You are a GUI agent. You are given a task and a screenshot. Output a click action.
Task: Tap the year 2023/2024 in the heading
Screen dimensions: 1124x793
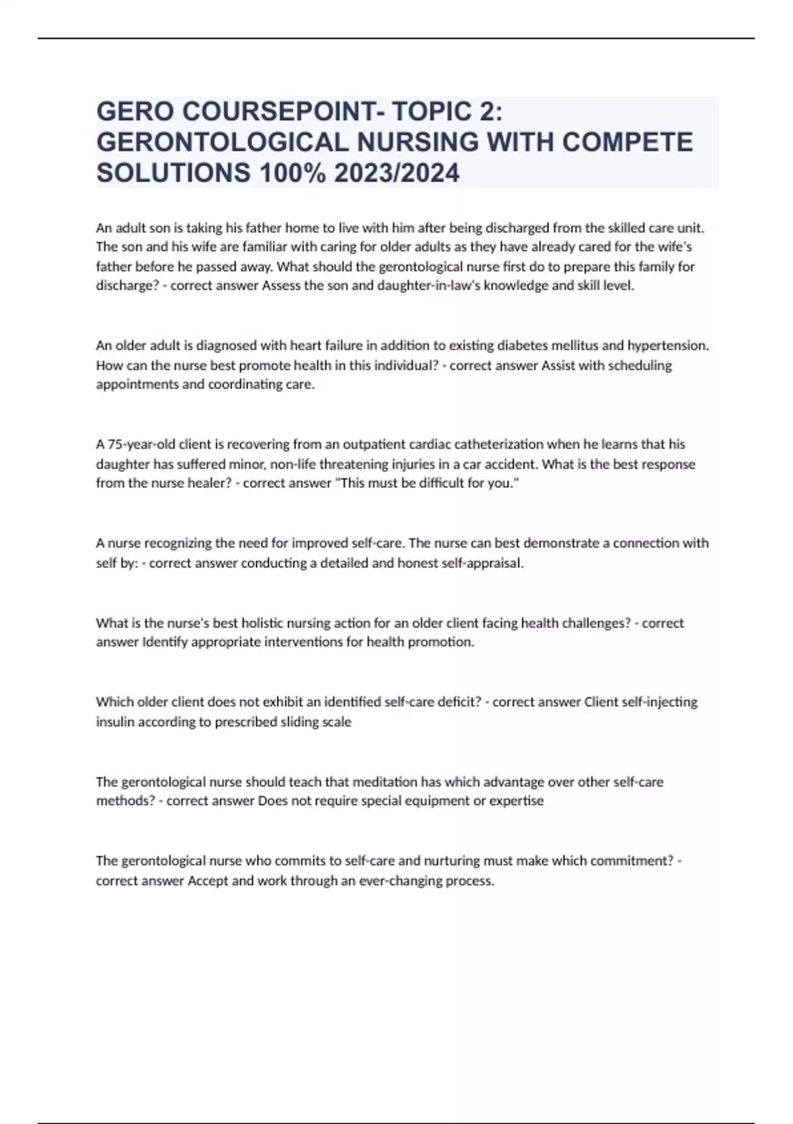396,173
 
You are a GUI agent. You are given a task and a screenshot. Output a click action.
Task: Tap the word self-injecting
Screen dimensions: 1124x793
660,702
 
